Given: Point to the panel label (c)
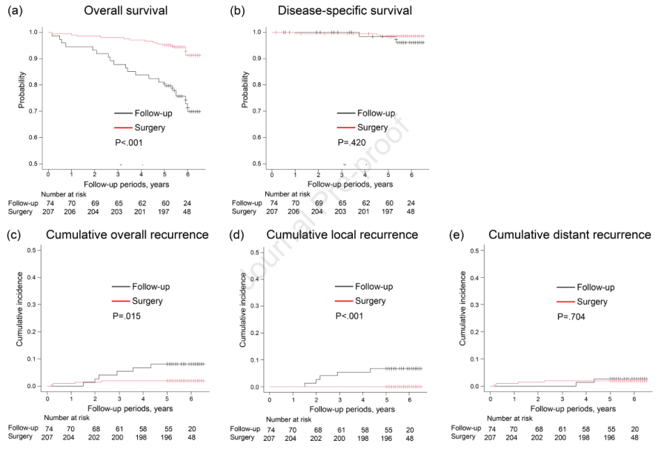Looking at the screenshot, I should [x=15, y=234].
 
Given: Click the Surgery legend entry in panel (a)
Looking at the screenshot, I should [x=149, y=127].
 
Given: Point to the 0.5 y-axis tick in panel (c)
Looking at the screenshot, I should [x=33, y=250].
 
